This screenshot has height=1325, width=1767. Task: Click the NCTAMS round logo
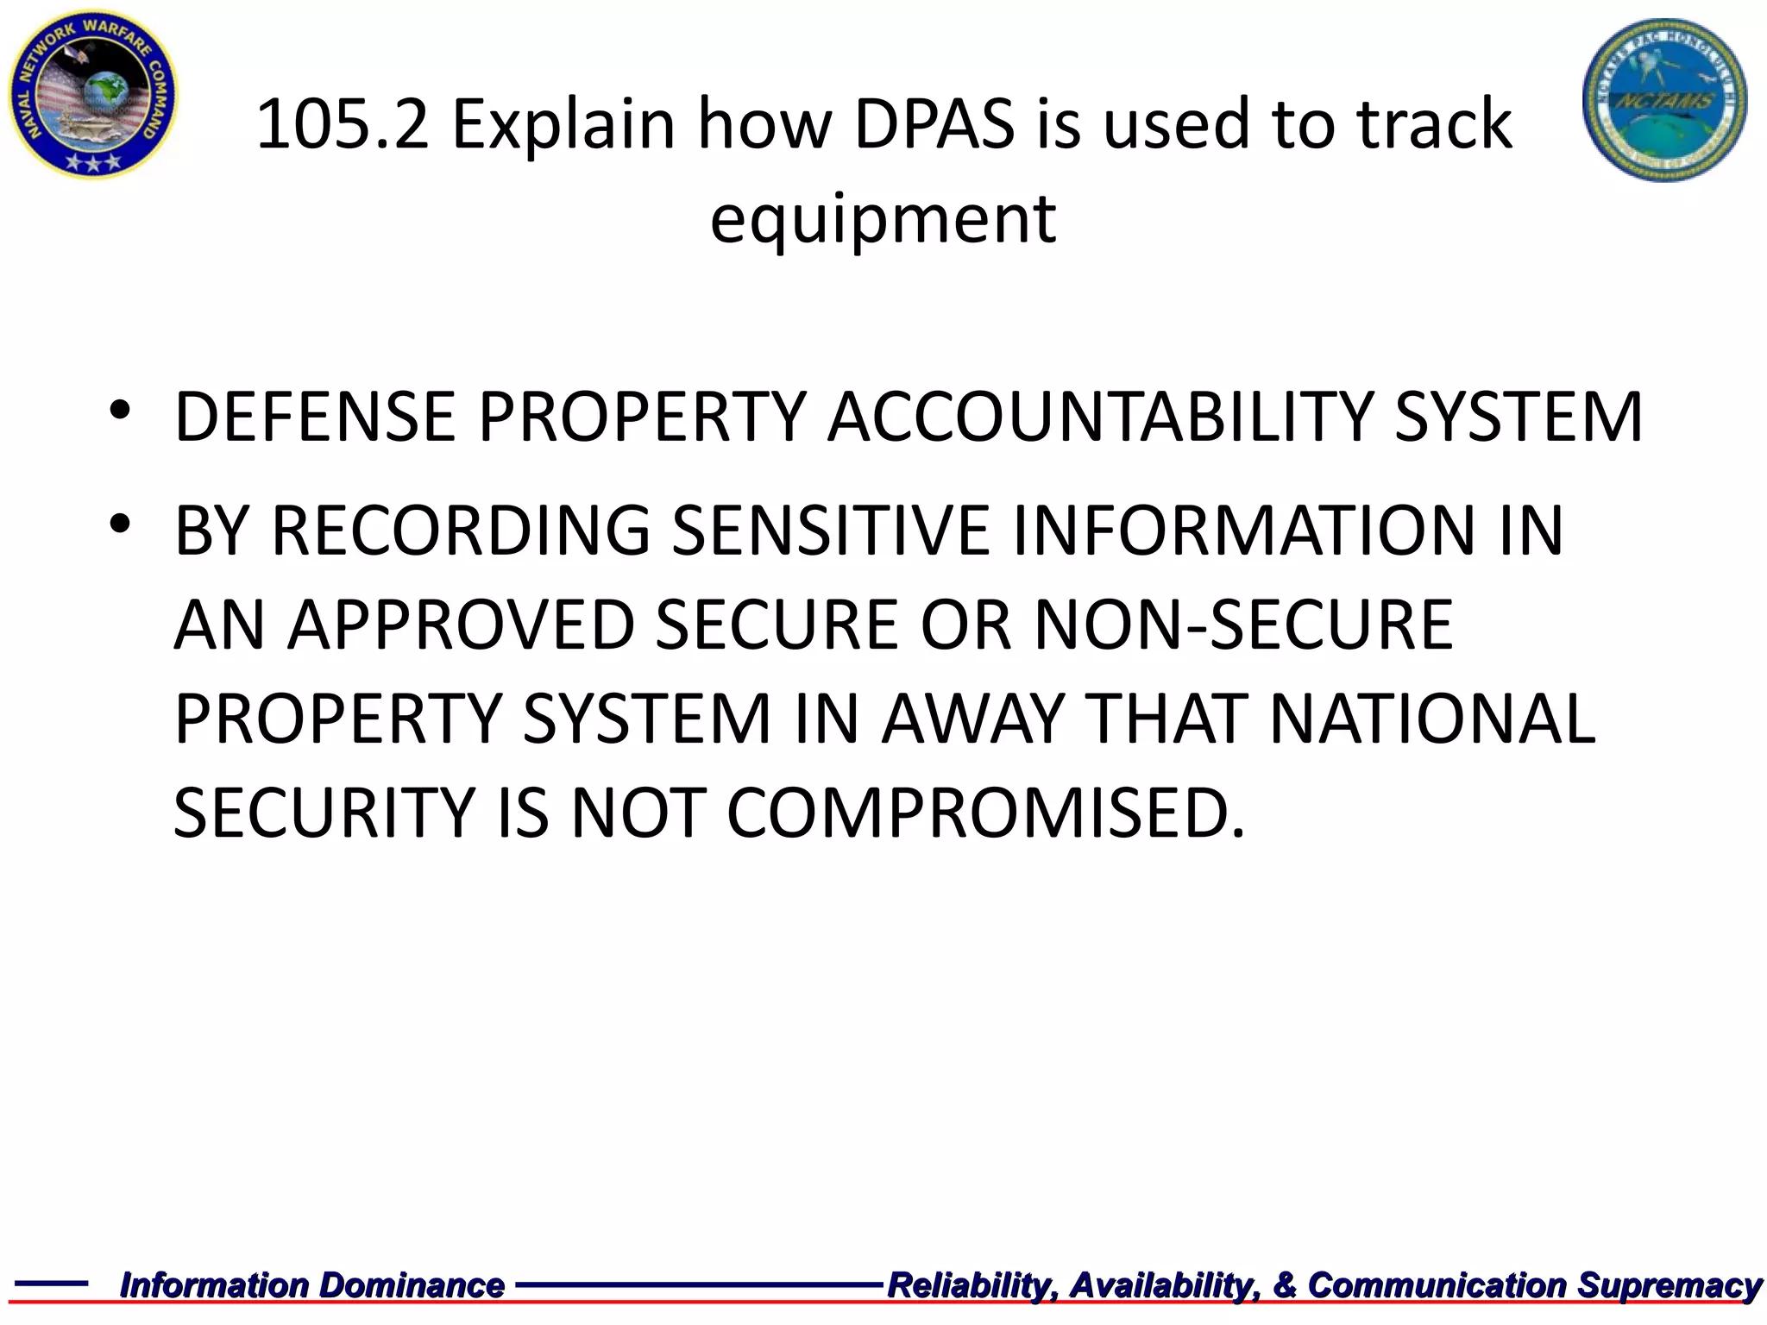pos(1664,99)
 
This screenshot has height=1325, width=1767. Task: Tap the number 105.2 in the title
pos(342,125)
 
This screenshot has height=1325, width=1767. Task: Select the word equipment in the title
pos(882,220)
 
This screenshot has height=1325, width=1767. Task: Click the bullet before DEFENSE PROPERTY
pos(120,408)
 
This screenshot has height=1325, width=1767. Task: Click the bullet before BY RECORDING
pos(120,523)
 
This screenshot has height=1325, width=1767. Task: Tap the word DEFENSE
pos(315,418)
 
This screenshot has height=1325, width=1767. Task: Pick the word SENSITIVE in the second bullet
pos(830,531)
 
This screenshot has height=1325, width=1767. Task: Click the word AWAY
pos(972,719)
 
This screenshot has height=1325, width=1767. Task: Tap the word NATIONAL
pos(1431,719)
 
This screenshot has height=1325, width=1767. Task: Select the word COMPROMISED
pos(985,813)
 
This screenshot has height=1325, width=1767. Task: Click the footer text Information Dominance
pos(311,1285)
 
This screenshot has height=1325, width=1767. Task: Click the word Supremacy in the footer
pos(1669,1285)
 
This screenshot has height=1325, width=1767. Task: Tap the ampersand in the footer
pos(1285,1285)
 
